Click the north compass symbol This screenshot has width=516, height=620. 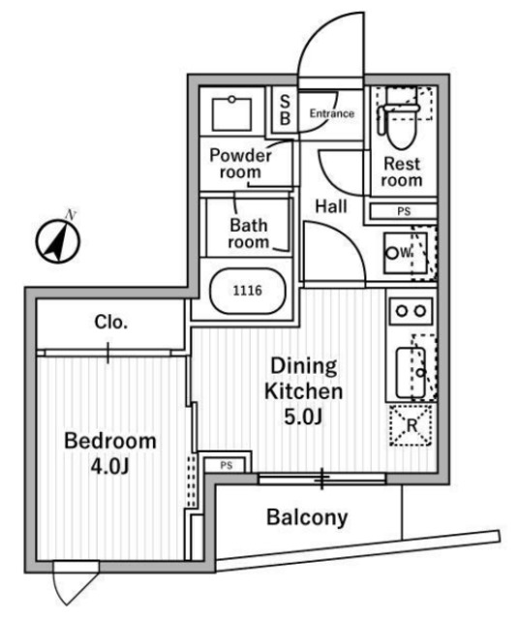(x=58, y=239)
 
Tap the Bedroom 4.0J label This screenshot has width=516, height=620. (x=110, y=454)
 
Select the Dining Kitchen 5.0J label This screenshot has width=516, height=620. (x=303, y=391)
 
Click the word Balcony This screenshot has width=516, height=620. (x=307, y=517)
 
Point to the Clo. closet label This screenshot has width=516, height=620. (x=111, y=323)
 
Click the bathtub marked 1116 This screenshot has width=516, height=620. (x=247, y=291)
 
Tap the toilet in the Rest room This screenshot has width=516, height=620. (x=399, y=120)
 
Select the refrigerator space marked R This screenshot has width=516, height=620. (x=410, y=425)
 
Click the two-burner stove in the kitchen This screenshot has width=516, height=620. (x=410, y=311)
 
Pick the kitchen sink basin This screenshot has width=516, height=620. (x=410, y=373)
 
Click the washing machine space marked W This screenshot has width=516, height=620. (x=406, y=253)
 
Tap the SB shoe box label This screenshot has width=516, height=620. (x=285, y=110)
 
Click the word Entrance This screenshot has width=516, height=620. (x=331, y=114)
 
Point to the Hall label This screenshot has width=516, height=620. (x=331, y=206)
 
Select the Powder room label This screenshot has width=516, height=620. (x=241, y=164)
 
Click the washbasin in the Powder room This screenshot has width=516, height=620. (x=231, y=114)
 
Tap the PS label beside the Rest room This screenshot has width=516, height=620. (x=404, y=211)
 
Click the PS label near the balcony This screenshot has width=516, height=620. (x=227, y=466)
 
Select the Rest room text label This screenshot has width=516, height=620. (x=402, y=172)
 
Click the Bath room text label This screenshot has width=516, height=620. (x=249, y=233)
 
